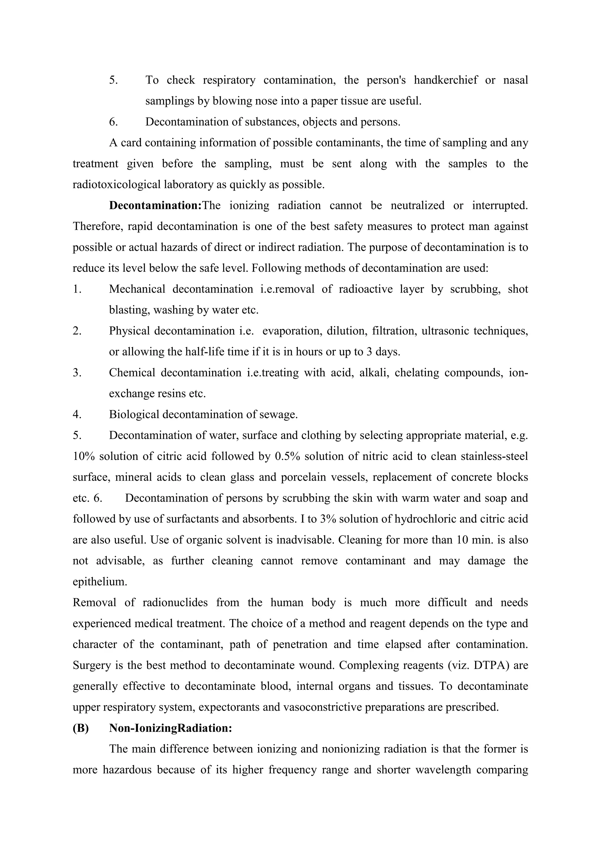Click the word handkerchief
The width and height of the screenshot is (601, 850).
click(x=445, y=80)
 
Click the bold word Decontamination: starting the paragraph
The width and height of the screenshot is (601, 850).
click(x=155, y=205)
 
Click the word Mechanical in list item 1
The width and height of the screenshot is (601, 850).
click(x=137, y=289)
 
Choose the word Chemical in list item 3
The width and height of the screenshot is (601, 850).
click(x=132, y=373)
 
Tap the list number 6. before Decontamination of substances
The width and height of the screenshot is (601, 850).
click(x=113, y=122)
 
